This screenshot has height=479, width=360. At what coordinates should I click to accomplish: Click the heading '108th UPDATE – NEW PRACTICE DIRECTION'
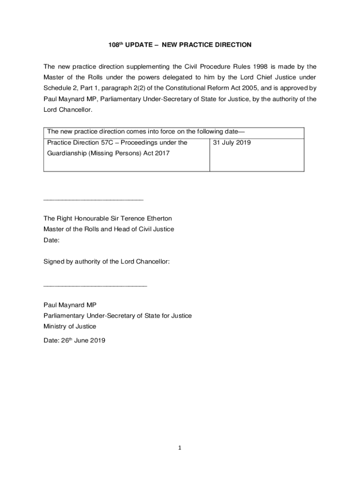[177, 45]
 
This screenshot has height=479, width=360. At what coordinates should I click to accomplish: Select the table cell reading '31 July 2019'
[232, 142]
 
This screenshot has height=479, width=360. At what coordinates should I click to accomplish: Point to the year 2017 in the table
[161, 153]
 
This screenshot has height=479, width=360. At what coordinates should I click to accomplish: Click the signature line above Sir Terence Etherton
[93, 200]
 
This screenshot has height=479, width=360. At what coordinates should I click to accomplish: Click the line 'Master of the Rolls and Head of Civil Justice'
[108, 229]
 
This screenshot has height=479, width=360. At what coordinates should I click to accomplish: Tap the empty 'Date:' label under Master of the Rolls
[51, 240]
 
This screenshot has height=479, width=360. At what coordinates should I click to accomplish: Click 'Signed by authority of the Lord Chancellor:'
[106, 262]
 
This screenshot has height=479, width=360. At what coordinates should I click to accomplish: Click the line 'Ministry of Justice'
[70, 327]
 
